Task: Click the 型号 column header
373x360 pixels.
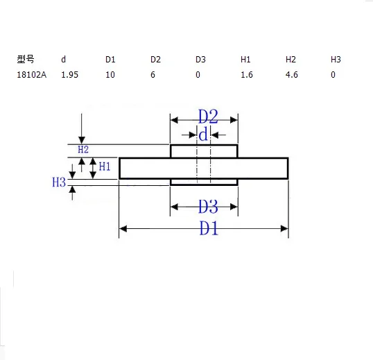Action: coord(26,59)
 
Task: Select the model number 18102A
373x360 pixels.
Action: coord(32,75)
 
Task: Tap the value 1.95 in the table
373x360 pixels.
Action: coord(70,75)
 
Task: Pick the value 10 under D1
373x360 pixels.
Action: coord(110,75)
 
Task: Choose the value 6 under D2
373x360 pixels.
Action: coord(153,75)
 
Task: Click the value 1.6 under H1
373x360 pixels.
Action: coord(247,75)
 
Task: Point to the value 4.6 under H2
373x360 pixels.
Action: coord(292,75)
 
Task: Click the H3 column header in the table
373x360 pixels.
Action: coord(336,59)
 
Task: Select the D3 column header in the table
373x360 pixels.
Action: coord(200,59)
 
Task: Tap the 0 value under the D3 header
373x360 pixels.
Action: coord(198,75)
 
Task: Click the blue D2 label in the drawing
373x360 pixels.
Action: coord(208,117)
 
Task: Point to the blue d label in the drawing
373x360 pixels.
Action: coord(203,135)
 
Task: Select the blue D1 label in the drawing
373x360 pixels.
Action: coord(209,228)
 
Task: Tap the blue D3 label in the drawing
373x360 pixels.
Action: coord(208,206)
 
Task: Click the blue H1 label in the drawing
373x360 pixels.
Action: coord(105,166)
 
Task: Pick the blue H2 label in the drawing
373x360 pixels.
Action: coord(83,149)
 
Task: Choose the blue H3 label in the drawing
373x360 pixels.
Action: coord(59,182)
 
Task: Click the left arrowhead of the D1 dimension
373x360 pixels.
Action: coord(123,229)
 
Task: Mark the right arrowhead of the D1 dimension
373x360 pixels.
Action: coord(284,229)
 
